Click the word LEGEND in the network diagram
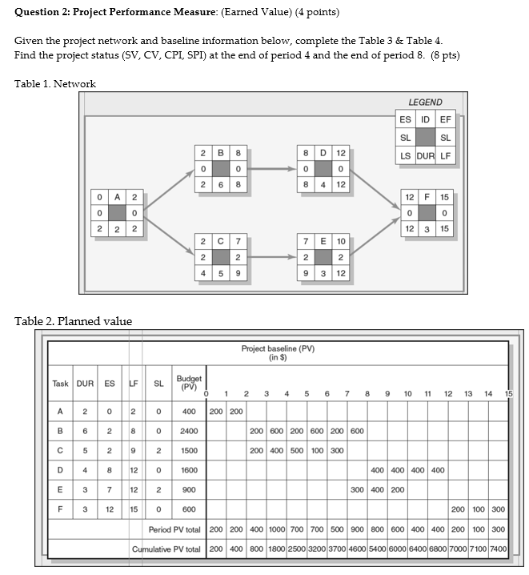coord(425,103)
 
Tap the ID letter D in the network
coord(322,153)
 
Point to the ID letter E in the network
coord(322,241)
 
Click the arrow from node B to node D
coord(269,169)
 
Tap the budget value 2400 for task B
coord(189,431)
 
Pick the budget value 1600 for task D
coord(189,470)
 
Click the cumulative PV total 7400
coord(498,549)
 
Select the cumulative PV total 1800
coord(276,549)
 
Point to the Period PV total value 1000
coord(276,529)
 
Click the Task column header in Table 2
coord(61,384)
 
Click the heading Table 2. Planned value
coord(74,322)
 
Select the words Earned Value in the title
coord(237,13)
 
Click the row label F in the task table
coord(61,509)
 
